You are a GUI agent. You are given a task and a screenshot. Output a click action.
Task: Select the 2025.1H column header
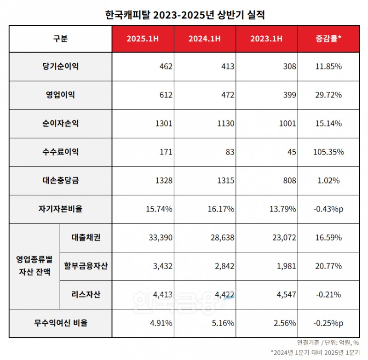(x=143, y=39)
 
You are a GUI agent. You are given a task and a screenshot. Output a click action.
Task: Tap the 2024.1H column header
(x=205, y=39)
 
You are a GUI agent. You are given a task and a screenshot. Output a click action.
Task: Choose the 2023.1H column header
(x=267, y=39)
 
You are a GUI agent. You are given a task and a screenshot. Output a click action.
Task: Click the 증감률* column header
(x=328, y=39)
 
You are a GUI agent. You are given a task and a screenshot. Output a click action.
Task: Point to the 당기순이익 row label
(x=60, y=66)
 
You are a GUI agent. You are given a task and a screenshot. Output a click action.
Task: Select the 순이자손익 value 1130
(x=225, y=124)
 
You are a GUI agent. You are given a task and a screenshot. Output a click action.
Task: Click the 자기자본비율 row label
(x=60, y=209)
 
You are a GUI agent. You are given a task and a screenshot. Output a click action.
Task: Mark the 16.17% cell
(x=222, y=209)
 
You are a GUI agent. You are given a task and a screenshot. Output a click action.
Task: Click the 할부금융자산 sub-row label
(x=86, y=266)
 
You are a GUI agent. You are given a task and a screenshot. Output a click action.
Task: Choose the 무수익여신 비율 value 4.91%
(x=160, y=323)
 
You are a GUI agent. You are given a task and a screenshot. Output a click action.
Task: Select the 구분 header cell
(x=60, y=39)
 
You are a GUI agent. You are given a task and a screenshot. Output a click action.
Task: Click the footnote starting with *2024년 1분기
(x=316, y=353)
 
